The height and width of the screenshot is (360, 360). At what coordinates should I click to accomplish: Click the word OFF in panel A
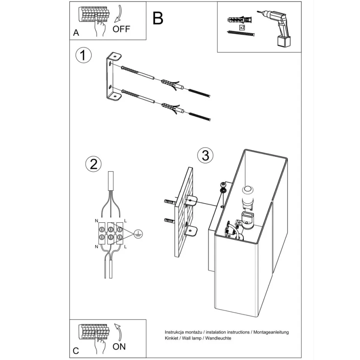121,29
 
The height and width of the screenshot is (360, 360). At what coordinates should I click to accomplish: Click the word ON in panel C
119,346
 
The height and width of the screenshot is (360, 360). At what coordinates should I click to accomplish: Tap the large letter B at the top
158,18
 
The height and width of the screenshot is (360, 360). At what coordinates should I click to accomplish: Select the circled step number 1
83,55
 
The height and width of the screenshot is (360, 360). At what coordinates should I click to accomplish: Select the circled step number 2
93,164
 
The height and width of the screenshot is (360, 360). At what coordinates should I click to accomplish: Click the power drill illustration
279,28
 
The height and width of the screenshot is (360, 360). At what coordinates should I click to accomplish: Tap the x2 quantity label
242,27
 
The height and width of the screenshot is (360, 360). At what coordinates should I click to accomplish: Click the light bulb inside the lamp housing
246,193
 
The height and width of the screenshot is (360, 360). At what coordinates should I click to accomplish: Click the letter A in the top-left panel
76,33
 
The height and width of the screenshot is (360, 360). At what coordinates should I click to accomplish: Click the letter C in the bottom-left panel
76,351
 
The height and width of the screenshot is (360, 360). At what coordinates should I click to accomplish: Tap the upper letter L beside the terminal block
125,221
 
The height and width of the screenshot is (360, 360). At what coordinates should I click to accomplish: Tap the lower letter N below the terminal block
96,246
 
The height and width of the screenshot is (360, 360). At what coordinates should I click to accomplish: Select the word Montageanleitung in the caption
271,332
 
